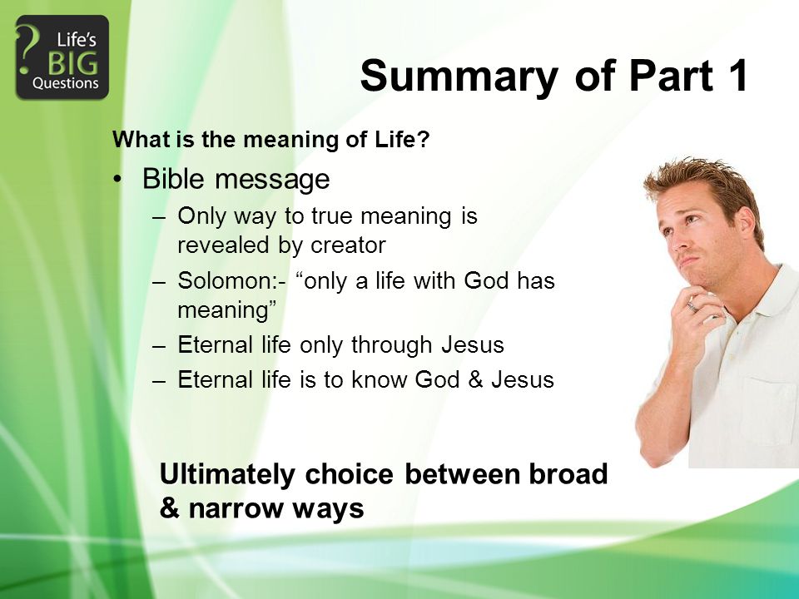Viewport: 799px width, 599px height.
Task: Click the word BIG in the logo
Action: [73, 64]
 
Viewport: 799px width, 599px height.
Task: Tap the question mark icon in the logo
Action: [27, 50]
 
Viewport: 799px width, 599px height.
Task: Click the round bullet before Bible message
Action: [117, 180]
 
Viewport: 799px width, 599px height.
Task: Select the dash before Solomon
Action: [160, 283]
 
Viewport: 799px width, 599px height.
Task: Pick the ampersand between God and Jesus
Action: [475, 380]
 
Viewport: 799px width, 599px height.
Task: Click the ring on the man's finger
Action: [692, 306]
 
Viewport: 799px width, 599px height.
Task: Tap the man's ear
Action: [746, 222]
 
